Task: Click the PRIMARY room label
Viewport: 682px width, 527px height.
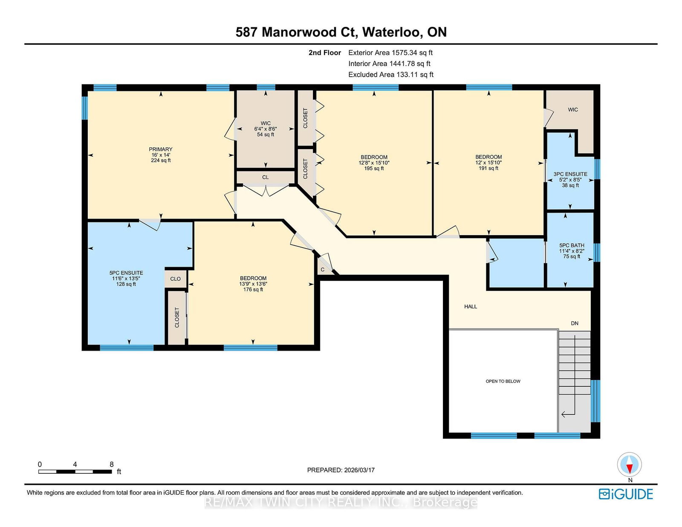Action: pyautogui.click(x=160, y=149)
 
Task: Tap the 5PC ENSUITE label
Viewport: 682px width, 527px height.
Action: pyautogui.click(x=126, y=273)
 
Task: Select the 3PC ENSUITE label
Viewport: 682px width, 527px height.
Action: pyautogui.click(x=570, y=174)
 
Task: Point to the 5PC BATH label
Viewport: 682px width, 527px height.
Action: pyautogui.click(x=572, y=245)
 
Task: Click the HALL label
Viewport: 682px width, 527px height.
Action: pyautogui.click(x=471, y=306)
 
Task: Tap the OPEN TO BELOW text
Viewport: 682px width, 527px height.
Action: pyautogui.click(x=503, y=381)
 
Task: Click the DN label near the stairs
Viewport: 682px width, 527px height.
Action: pyautogui.click(x=574, y=323)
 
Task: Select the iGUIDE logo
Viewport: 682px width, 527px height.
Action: pyautogui.click(x=626, y=494)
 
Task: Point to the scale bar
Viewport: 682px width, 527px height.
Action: pyautogui.click(x=75, y=472)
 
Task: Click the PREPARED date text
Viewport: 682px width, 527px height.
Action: pyautogui.click(x=341, y=470)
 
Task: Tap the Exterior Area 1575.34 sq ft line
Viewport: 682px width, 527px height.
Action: pyautogui.click(x=390, y=53)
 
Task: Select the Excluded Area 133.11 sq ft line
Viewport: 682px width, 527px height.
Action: pyautogui.click(x=391, y=75)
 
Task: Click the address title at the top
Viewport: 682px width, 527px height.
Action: pyautogui.click(x=341, y=32)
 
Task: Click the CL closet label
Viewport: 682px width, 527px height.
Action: pyautogui.click(x=266, y=177)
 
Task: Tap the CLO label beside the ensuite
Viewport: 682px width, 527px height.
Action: pyautogui.click(x=176, y=279)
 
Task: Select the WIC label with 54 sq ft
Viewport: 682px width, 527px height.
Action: pyautogui.click(x=266, y=129)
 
